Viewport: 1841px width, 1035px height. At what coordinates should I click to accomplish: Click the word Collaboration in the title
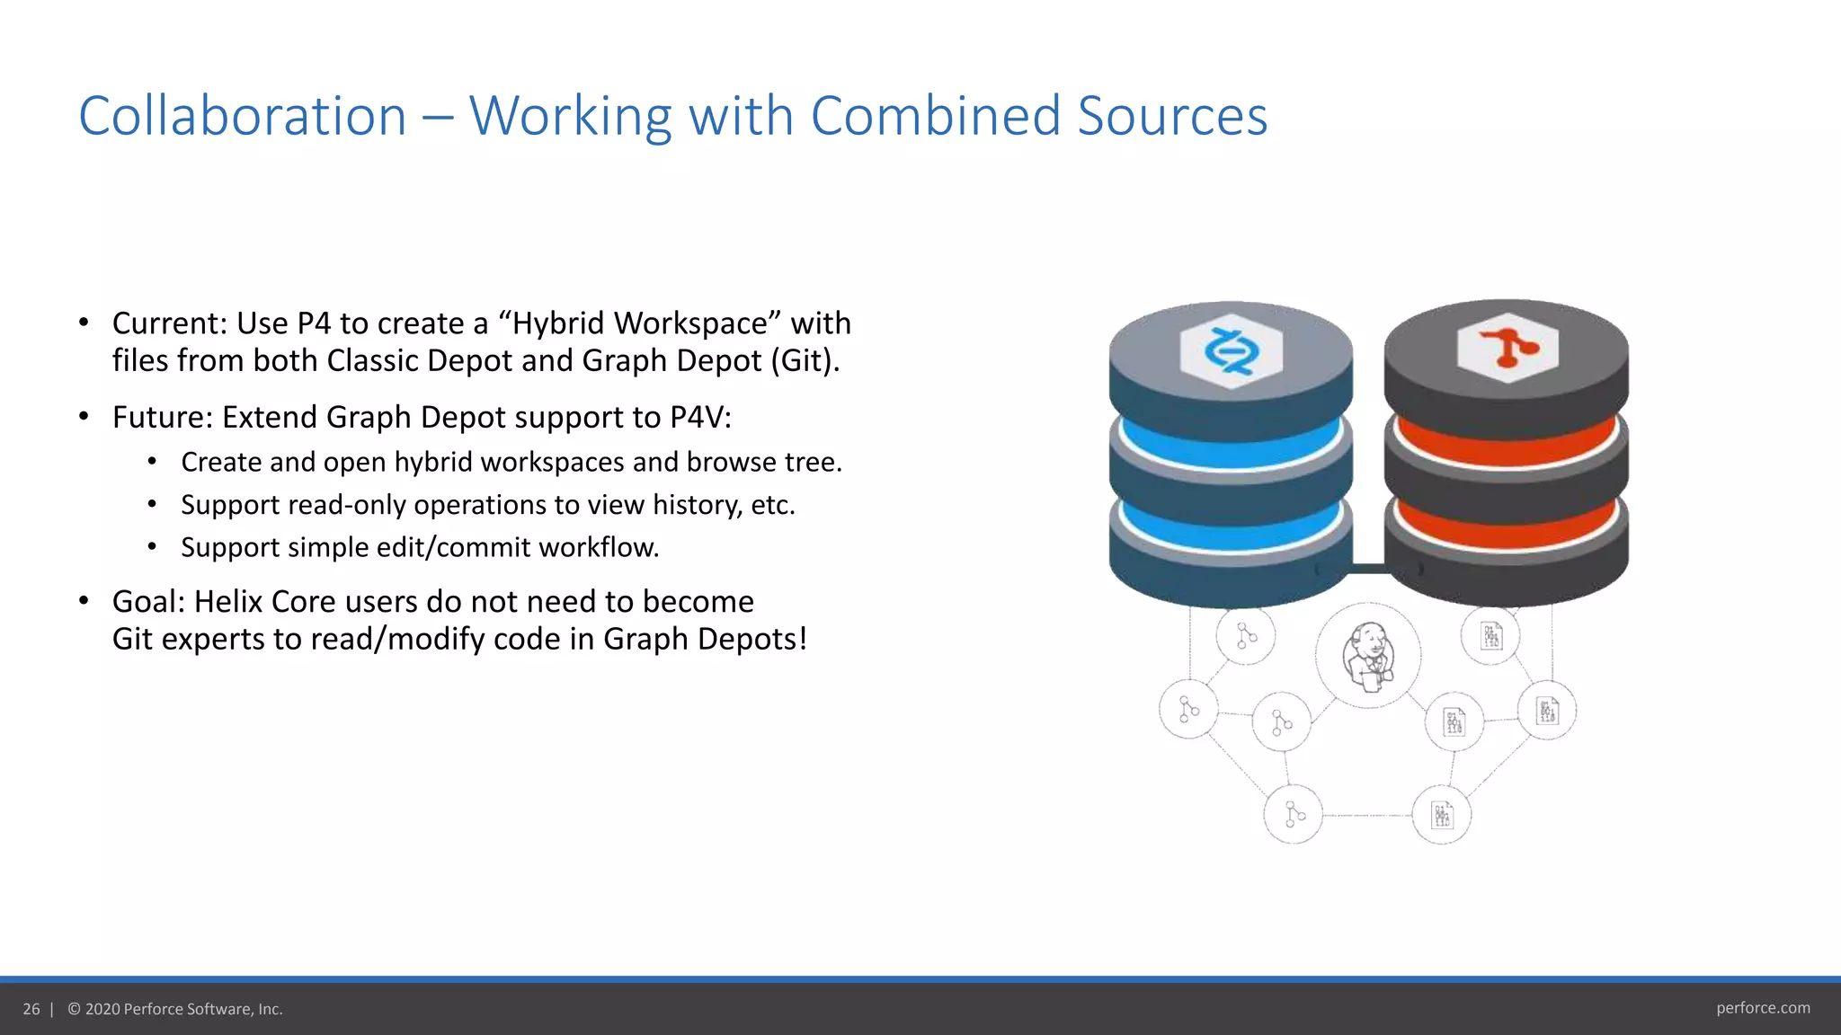(x=243, y=117)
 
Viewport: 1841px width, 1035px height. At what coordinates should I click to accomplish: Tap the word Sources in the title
(x=1172, y=117)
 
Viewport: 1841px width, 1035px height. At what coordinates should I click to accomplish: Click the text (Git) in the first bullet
(x=804, y=361)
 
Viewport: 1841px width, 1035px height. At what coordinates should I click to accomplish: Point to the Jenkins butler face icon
(x=1368, y=656)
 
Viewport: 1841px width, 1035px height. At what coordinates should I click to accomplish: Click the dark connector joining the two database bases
(x=1368, y=569)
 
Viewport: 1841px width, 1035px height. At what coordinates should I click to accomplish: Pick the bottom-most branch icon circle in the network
(x=1293, y=814)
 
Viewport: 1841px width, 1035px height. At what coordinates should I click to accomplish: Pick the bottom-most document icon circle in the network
(x=1442, y=815)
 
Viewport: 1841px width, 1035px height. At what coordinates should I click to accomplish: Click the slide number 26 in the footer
(x=31, y=1009)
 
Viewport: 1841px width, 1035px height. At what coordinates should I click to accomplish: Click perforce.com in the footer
(x=1763, y=1008)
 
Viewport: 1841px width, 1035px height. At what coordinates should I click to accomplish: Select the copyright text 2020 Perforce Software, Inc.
(x=183, y=1009)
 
